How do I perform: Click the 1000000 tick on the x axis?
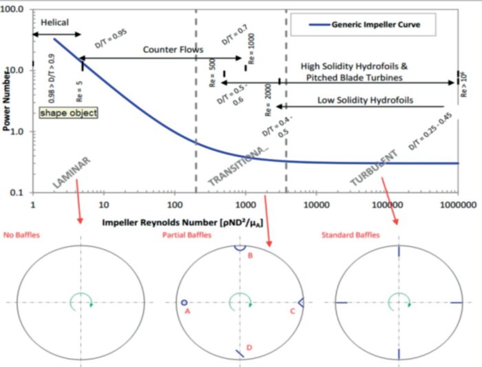tap(458, 205)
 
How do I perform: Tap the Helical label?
tap(54, 22)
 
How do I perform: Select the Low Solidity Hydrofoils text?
tap(365, 100)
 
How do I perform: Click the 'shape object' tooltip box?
tap(68, 112)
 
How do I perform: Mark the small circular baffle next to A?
tap(184, 302)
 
